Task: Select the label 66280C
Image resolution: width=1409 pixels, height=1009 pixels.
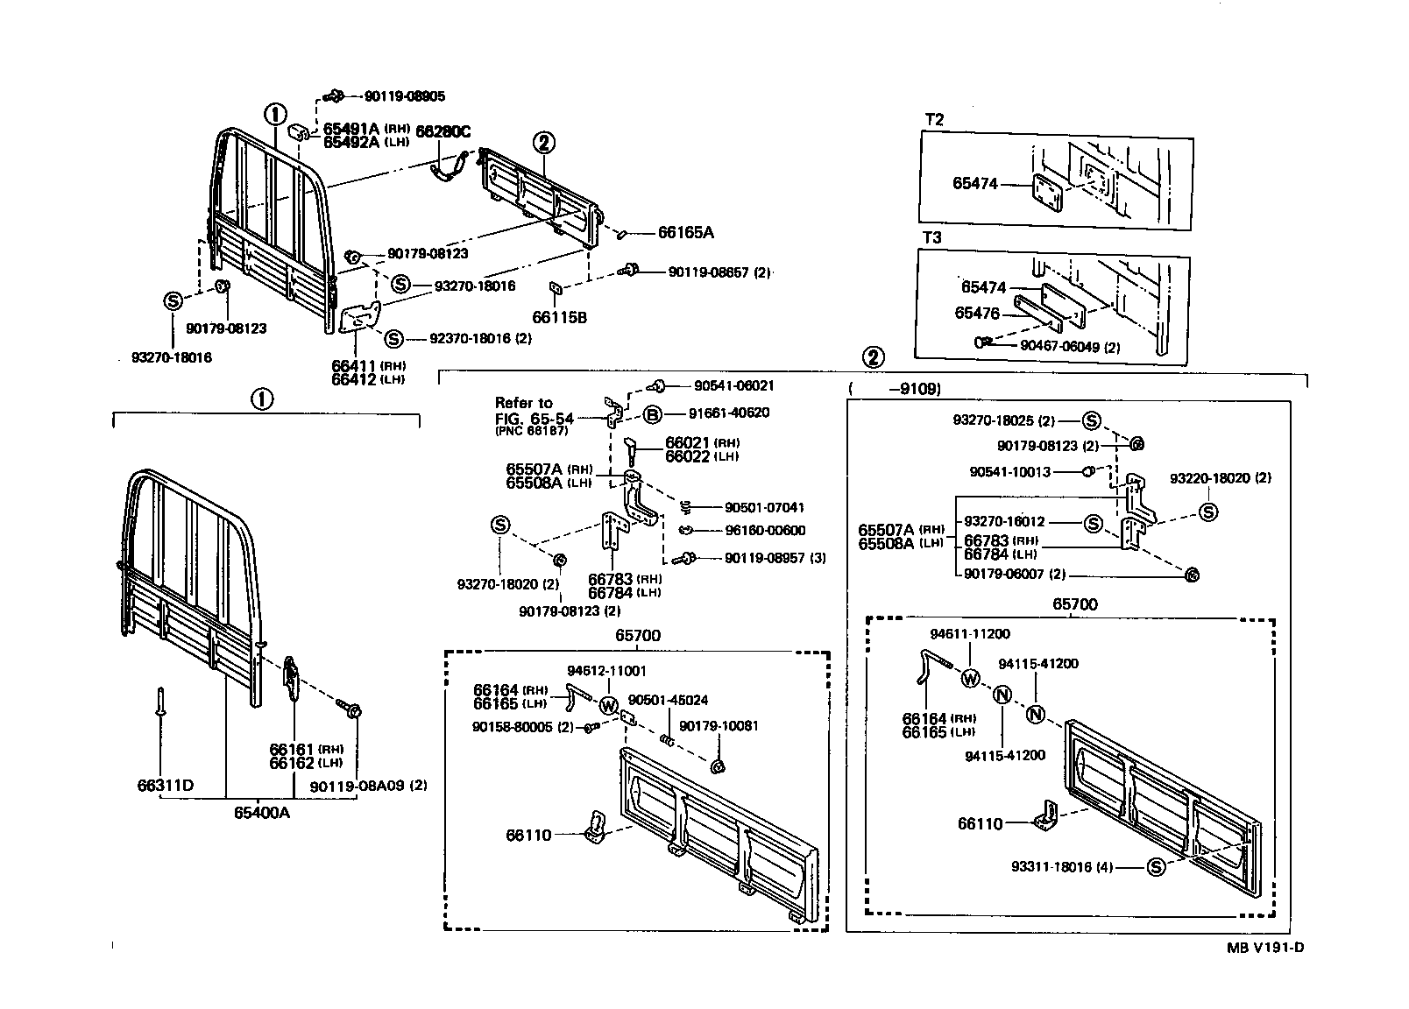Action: [x=443, y=132]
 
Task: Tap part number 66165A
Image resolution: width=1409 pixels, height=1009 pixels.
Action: [x=685, y=233]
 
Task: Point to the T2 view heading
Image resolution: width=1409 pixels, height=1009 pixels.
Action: [x=934, y=120]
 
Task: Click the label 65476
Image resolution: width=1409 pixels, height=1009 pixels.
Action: [x=977, y=313]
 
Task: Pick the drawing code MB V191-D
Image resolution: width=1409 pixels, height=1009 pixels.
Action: [x=1266, y=947]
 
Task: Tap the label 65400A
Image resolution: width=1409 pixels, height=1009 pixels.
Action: [x=261, y=813]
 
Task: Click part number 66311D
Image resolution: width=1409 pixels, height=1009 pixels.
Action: [x=165, y=786]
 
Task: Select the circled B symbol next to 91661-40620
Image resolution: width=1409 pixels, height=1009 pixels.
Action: [x=653, y=414]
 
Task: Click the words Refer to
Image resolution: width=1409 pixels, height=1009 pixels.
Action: [x=524, y=403]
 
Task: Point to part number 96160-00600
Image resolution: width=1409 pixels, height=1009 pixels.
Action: [x=765, y=530]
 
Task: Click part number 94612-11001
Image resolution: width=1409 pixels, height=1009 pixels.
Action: [x=605, y=671]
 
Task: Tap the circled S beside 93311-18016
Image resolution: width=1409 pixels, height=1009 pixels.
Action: [x=1155, y=867]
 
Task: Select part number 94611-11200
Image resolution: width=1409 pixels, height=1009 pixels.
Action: [x=969, y=634]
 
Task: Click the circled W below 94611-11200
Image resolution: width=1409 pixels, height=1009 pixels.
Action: [x=969, y=678]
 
